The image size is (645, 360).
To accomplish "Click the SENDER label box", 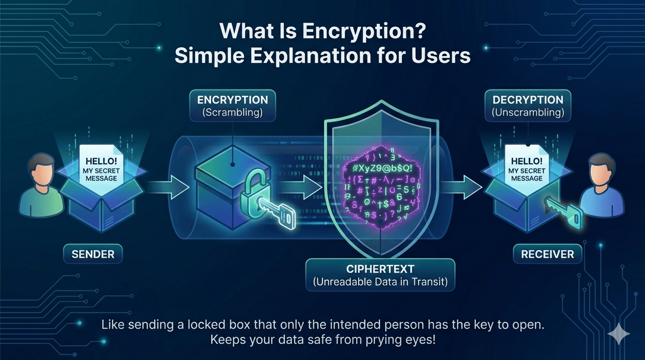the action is point(93,255).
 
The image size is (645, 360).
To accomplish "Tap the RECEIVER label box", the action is point(547,255).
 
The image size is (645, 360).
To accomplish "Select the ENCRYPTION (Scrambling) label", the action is point(232,106).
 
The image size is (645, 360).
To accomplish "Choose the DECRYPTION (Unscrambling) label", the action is point(528,106).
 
